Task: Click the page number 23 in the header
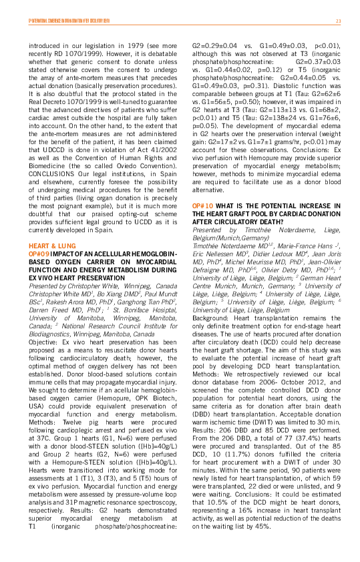click(338, 21)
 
